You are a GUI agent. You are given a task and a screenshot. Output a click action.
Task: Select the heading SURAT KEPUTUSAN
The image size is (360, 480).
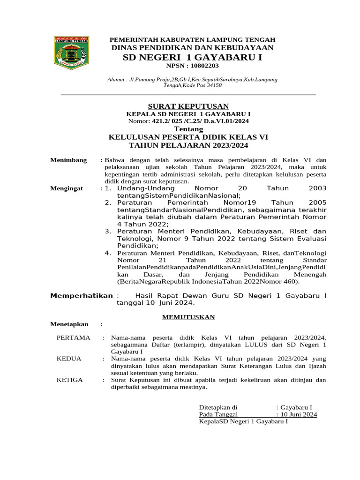188,106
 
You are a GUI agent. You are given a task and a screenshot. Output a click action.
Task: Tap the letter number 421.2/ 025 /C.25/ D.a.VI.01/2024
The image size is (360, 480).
201,121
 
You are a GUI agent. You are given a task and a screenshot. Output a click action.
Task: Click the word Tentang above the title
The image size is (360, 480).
188,129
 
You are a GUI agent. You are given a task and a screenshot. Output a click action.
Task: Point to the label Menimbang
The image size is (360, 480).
68,160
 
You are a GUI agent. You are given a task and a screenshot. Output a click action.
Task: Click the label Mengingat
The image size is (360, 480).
67,188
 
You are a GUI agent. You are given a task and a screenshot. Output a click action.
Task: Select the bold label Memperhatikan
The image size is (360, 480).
82,296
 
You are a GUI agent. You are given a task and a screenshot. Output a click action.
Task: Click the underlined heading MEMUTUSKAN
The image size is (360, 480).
188,317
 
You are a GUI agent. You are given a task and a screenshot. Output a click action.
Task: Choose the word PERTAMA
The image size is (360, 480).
73,337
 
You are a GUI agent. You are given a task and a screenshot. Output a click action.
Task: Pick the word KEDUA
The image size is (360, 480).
69,359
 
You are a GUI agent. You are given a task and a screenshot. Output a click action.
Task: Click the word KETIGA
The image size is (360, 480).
70,380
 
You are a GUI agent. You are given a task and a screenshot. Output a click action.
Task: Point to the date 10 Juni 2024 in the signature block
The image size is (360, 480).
298,414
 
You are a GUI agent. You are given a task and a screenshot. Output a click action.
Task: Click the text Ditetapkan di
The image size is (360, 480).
218,407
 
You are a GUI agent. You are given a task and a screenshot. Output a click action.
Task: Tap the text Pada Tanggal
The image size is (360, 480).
218,414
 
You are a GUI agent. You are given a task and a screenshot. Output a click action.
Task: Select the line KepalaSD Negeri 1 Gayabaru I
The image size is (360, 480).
243,421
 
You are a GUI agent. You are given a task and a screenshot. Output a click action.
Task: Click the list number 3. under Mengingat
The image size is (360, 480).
108,231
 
